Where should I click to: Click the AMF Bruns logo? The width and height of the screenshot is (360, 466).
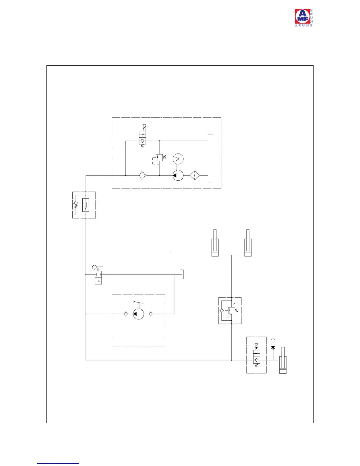[x=304, y=18]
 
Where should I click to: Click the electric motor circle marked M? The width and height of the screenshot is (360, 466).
[x=178, y=159]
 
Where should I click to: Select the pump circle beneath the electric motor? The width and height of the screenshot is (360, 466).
[x=178, y=176]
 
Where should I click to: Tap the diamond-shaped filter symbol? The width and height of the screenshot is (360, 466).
[x=194, y=176]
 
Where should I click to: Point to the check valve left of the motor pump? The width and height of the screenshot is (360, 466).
[x=143, y=176]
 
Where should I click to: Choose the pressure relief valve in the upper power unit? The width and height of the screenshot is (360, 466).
[x=159, y=157]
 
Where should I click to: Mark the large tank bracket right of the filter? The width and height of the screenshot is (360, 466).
[x=211, y=158]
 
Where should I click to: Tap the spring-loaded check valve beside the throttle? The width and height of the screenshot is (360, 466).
[x=76, y=204]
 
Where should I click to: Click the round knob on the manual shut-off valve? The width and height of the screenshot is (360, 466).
[x=94, y=267]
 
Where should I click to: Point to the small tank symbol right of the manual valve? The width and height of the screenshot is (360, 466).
[x=182, y=274]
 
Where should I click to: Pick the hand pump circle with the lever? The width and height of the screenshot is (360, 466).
[x=138, y=314]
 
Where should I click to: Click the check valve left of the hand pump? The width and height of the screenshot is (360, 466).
[x=126, y=314]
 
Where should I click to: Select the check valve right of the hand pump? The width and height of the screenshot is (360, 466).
[x=151, y=314]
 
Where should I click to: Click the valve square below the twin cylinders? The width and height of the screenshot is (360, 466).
[x=231, y=310]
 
